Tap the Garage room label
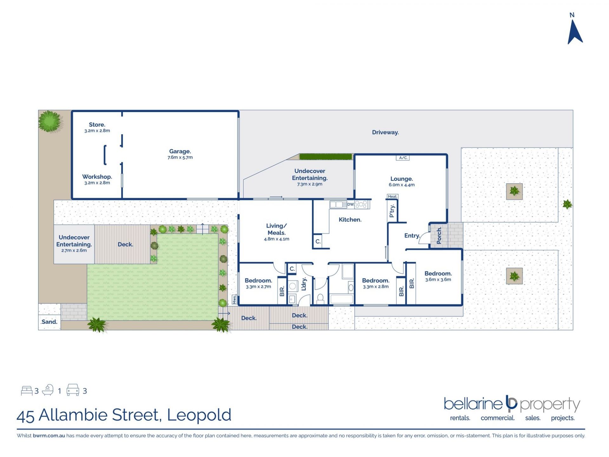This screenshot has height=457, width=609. [x=180, y=151]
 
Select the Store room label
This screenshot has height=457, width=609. [x=97, y=125]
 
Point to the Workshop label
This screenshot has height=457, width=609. [x=97, y=177]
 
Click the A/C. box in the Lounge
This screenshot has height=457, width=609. [x=403, y=158]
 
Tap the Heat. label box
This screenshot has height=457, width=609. [x=392, y=196]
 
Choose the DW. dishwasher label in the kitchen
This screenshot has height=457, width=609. [x=350, y=204]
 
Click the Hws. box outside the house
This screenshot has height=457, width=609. [x=234, y=299]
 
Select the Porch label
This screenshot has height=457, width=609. [x=439, y=235]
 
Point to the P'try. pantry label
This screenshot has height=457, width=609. [x=392, y=211]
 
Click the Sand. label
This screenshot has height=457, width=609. [x=49, y=322]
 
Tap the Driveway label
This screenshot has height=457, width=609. [x=385, y=132]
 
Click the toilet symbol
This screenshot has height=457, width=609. [x=320, y=299]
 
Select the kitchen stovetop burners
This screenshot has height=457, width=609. [x=361, y=204]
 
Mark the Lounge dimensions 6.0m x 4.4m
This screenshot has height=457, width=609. [x=402, y=185]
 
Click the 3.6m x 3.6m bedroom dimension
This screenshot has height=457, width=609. [x=438, y=280]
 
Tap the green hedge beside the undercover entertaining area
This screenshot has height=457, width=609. [x=326, y=157]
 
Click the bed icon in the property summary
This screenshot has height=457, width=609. [x=27, y=391]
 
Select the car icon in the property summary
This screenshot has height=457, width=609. [x=73, y=390]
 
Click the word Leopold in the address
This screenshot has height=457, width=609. [x=199, y=415]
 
